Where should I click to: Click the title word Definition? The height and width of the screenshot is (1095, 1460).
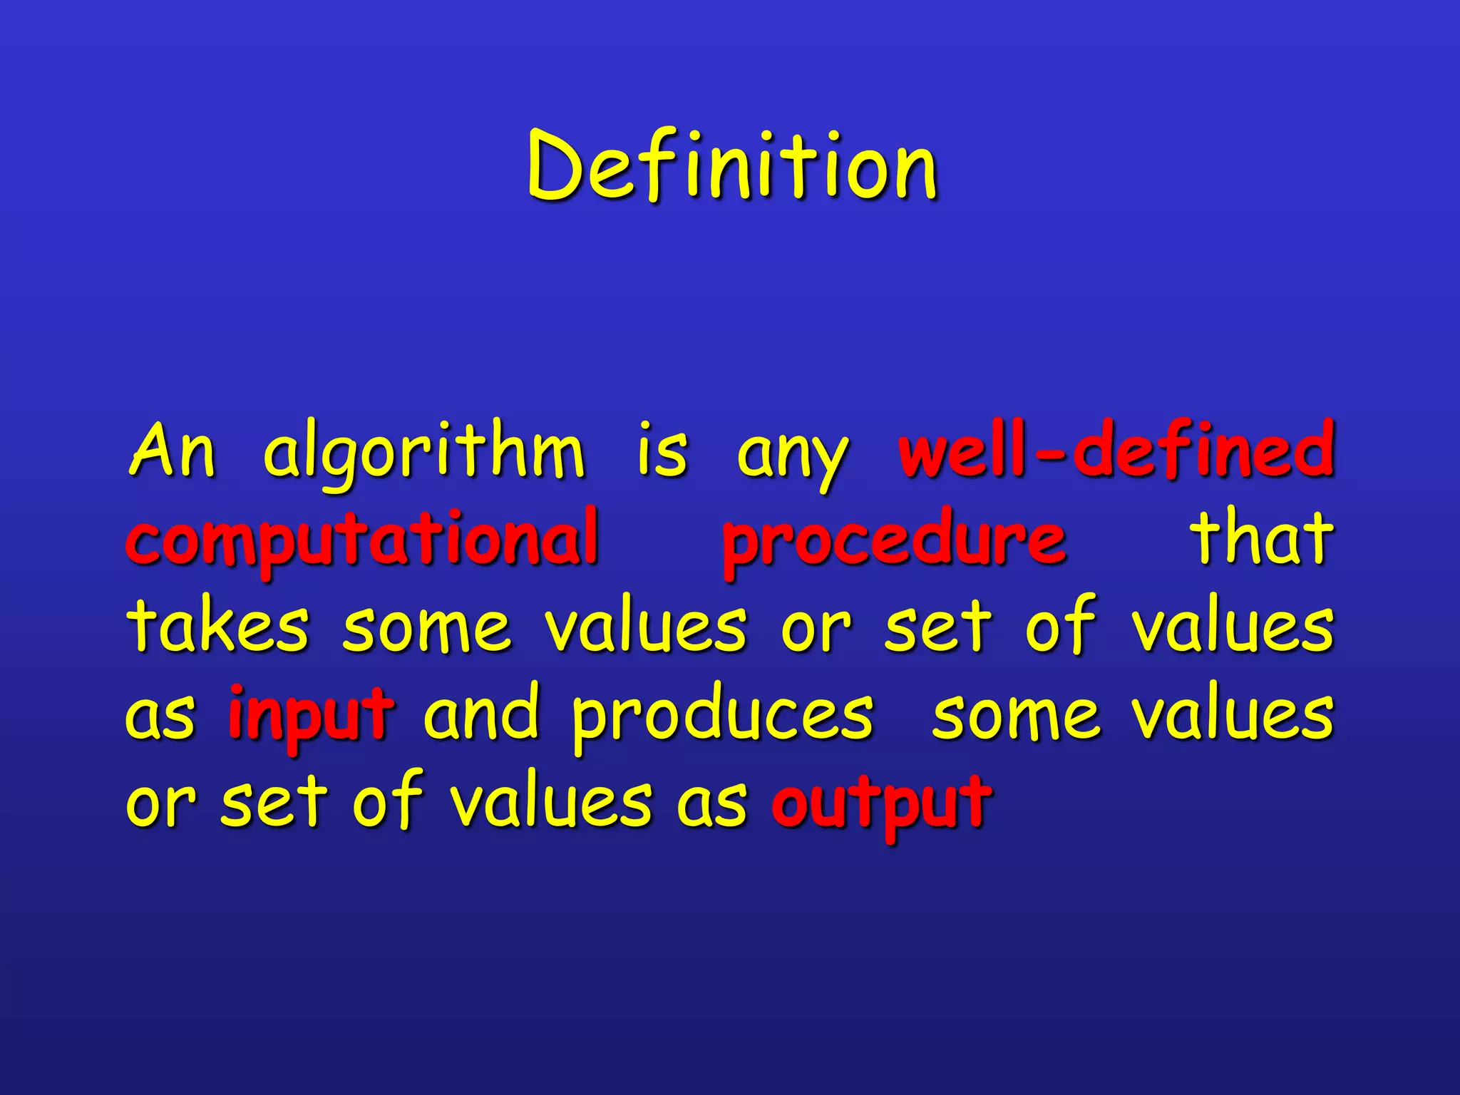tap(732, 167)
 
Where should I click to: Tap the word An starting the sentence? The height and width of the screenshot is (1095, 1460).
tap(172, 451)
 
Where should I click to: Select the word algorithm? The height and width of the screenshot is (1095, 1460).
tap(424, 453)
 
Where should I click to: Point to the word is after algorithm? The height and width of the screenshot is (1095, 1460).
tap(662, 451)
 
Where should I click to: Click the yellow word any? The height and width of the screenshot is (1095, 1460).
tap(793, 456)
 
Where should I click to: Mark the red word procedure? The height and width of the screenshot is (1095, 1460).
tap(894, 540)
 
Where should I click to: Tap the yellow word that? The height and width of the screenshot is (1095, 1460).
tap(1261, 538)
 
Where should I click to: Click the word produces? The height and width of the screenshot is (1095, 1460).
tap(723, 717)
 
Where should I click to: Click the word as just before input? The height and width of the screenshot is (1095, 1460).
tap(160, 717)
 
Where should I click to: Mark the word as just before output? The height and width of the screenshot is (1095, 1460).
tap(711, 804)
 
